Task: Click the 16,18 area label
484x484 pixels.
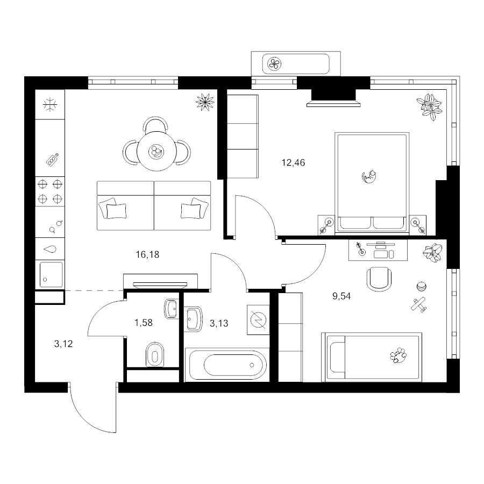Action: pos(147,255)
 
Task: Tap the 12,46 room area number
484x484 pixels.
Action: pos(293,162)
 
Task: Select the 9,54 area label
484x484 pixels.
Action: pos(341,296)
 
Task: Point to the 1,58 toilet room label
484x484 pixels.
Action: pos(144,323)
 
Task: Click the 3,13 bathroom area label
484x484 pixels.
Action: pos(219,324)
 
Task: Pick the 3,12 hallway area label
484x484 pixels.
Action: pos(63,344)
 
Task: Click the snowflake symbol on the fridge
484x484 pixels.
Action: pos(50,105)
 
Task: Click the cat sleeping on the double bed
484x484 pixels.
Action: pos(369,177)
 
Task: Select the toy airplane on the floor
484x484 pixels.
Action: pos(419,304)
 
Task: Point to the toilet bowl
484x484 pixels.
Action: pos(155,354)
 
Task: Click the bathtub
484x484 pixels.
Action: pos(227,365)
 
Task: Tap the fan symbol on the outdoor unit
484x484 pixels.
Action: pos(274,64)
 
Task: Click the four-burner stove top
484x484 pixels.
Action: pos(50,191)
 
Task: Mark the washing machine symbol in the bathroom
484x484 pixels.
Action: pos(258,320)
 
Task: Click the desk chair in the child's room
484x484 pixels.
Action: pos(379,279)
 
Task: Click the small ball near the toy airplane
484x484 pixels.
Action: pos(421,287)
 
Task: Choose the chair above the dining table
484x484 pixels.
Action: pos(156,124)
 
